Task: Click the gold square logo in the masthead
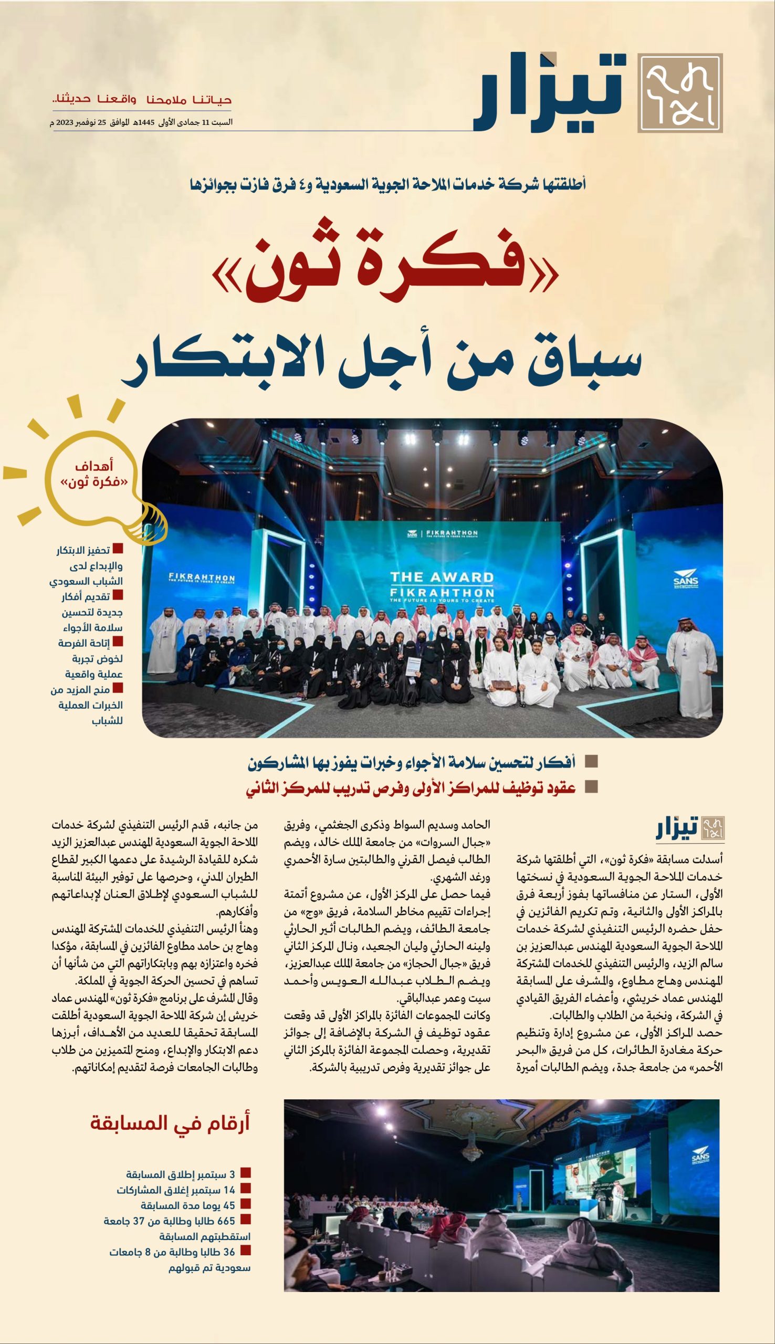680,92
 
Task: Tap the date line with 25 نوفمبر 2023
142,122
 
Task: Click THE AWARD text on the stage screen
442,577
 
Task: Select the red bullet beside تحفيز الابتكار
118,549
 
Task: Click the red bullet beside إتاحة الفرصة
118,642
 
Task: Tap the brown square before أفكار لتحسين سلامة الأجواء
591,762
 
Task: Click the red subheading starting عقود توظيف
411,788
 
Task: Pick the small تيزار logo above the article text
690,829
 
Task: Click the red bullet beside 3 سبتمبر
245,1173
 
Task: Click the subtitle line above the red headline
387,185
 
